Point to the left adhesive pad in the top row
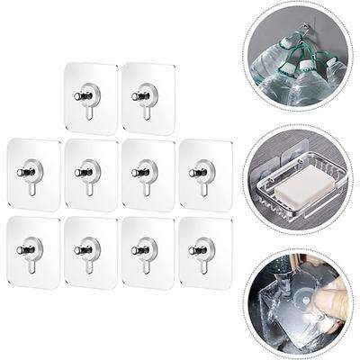pos(91,99)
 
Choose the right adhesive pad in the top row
pos(148,99)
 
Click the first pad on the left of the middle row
pos(33,174)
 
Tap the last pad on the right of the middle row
pos(205,174)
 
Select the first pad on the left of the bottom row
pos(33,250)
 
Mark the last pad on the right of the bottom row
pos(205,250)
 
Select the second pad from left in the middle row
pos(91,174)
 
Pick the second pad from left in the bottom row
pos(91,250)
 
